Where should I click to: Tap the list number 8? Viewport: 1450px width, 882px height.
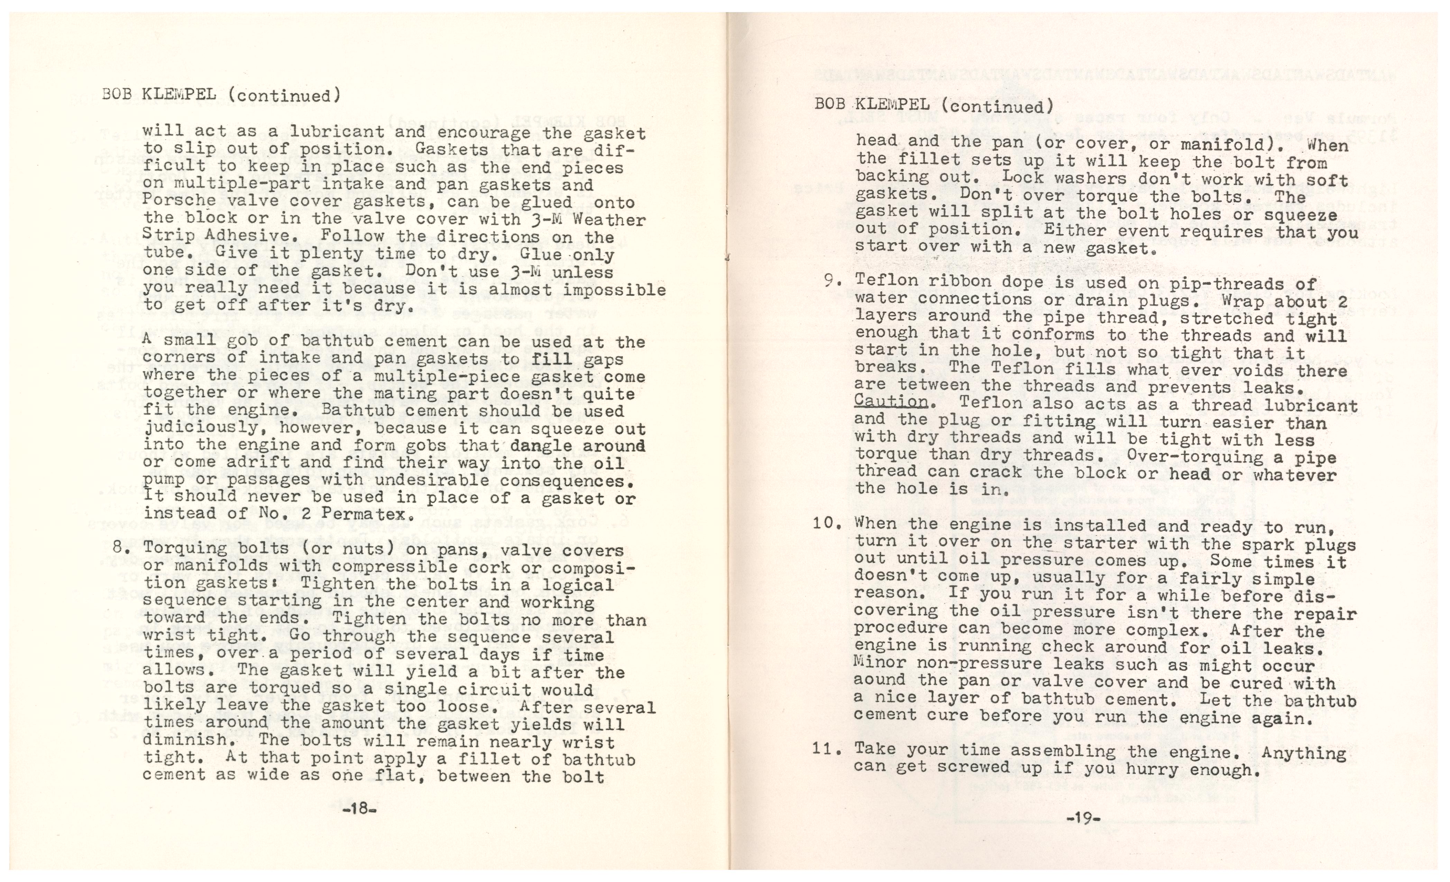118,547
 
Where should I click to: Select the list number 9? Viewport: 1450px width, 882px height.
831,280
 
